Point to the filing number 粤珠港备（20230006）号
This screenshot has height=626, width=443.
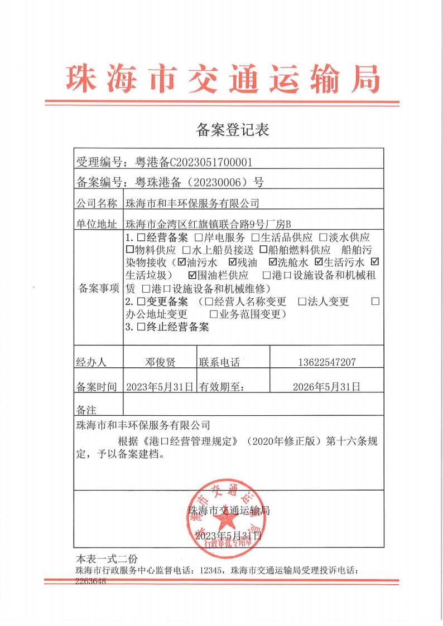point(196,182)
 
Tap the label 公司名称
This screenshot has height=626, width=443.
point(97,203)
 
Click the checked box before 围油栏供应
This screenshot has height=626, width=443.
point(193,275)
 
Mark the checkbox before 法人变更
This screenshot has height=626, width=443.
point(302,302)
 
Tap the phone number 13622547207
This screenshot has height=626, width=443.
point(326,362)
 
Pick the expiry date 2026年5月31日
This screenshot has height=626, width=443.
point(326,386)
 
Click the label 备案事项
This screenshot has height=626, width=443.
point(99,288)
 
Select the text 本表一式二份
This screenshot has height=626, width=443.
point(106,559)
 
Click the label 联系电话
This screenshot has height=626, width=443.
point(219,362)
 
